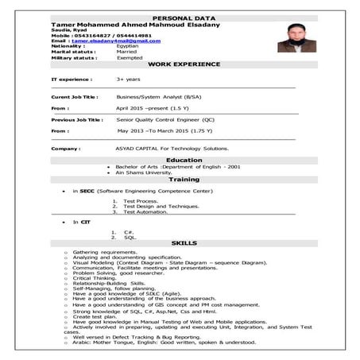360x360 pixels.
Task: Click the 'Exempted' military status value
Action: click(130, 57)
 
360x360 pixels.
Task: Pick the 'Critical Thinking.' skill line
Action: click(99, 278)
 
